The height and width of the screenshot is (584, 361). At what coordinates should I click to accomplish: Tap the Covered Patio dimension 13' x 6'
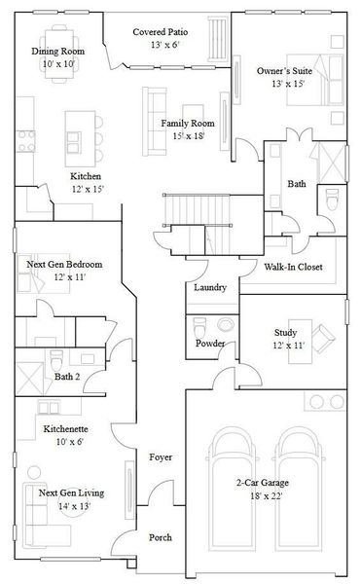[x=161, y=46]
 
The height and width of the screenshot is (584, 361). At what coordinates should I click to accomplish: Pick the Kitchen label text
[x=86, y=176]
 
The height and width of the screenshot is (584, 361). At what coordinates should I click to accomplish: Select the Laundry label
[x=210, y=288]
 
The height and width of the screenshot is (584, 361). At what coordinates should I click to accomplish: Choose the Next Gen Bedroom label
[x=64, y=264]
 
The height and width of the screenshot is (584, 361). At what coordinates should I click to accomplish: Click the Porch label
[x=161, y=537]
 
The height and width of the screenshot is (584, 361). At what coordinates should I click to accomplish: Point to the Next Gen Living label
[x=71, y=493]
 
